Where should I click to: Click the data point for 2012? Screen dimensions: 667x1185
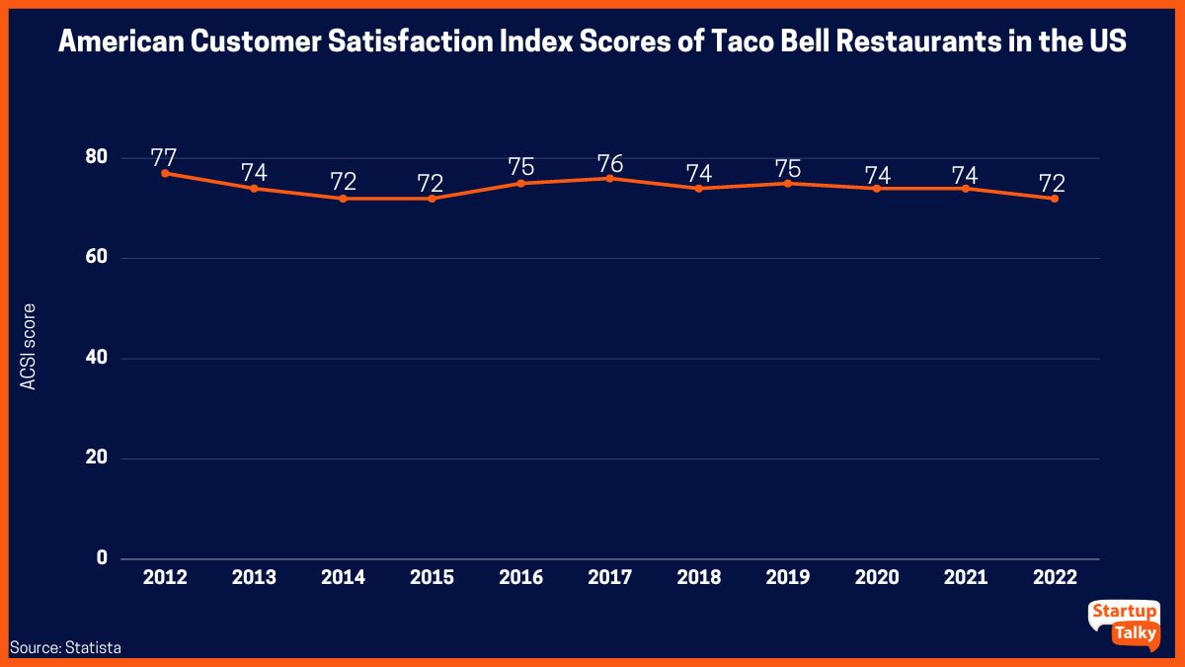click(165, 173)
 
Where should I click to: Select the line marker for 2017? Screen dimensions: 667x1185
click(609, 178)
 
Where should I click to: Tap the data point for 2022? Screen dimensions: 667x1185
click(1055, 199)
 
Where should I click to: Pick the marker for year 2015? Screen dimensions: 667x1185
click(432, 199)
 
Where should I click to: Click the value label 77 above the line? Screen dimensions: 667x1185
click(165, 157)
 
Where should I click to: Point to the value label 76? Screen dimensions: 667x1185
click(609, 163)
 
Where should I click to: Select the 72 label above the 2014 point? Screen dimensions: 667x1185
click(343, 182)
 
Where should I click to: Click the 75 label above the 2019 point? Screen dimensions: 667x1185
click(787, 167)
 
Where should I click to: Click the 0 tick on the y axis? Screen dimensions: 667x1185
click(101, 559)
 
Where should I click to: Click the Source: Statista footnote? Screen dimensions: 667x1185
click(66, 648)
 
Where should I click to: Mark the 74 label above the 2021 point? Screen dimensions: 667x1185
click(965, 174)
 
